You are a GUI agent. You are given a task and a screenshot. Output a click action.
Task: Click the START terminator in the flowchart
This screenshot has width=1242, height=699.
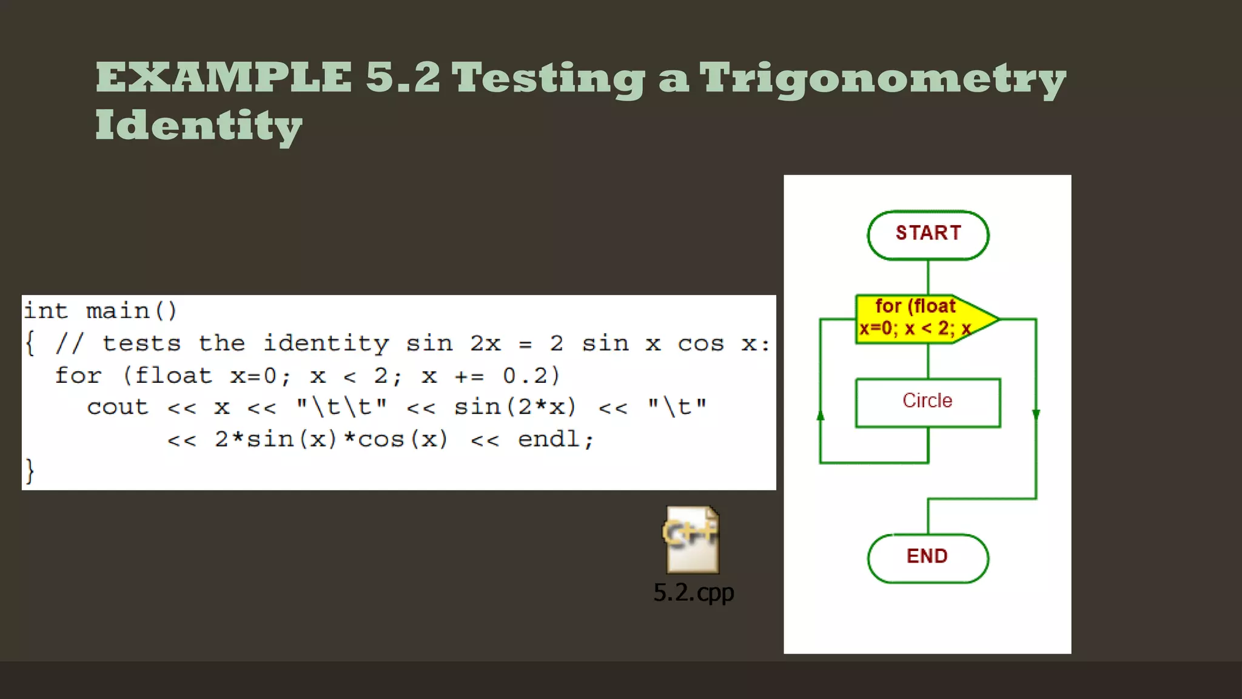click(x=928, y=235)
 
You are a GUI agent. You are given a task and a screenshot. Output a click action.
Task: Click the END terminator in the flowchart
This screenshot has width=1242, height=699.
click(x=928, y=558)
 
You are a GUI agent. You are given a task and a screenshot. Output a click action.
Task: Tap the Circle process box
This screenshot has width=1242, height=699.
click(x=928, y=402)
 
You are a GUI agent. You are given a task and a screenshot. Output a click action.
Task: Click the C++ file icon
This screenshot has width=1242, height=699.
click(x=692, y=539)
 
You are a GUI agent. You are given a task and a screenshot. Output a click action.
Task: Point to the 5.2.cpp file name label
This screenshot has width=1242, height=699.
click(x=693, y=593)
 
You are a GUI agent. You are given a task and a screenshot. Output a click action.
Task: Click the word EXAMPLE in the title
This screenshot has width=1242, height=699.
click(x=224, y=78)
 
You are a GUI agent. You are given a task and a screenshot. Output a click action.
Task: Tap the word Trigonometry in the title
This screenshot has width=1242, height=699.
click(x=882, y=80)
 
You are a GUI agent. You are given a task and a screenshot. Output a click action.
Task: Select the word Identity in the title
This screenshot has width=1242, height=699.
click(x=198, y=127)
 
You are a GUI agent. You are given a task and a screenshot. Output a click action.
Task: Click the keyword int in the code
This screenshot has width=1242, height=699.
click(x=45, y=311)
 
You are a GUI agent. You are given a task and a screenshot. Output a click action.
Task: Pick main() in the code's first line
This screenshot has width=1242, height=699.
click(x=132, y=311)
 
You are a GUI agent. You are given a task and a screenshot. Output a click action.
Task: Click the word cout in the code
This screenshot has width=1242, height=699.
click(x=118, y=407)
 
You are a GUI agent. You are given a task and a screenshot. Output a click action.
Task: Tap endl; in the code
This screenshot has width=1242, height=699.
click(x=556, y=439)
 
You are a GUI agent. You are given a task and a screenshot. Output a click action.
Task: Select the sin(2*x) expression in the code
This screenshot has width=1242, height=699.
click(x=515, y=407)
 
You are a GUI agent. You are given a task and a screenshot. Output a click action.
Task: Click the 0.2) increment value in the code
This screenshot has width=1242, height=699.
click(x=531, y=376)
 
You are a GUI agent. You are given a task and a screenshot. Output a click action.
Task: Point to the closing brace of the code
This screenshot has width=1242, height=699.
click(x=29, y=471)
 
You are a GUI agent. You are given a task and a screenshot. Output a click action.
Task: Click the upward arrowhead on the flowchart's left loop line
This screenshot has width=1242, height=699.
click(x=821, y=416)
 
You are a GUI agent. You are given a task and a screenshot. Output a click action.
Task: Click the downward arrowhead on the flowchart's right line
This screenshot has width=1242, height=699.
click(x=1036, y=414)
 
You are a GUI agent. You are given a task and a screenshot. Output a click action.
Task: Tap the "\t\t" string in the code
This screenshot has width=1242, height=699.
click(x=341, y=407)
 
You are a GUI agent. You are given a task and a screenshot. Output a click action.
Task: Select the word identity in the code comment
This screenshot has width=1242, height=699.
click(x=326, y=344)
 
